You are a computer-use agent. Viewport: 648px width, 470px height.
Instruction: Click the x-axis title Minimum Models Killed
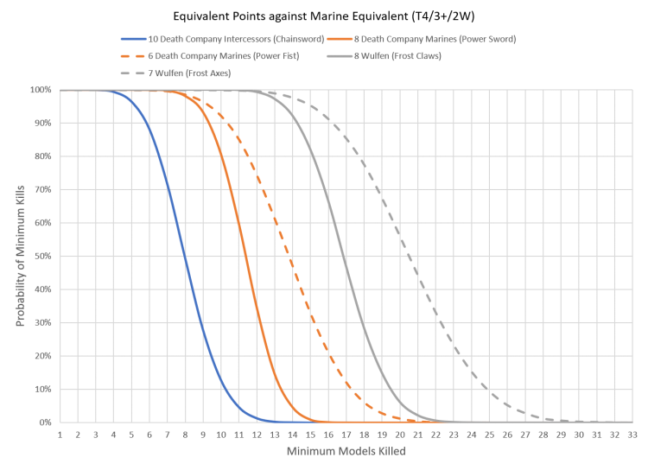point(346,452)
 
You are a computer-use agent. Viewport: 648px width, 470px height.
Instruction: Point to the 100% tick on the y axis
point(41,90)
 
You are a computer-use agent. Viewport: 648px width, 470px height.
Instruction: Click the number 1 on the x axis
point(60,435)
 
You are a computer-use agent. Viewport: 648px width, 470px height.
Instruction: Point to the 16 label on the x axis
point(327,435)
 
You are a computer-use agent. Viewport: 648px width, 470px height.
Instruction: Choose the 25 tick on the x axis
point(489,435)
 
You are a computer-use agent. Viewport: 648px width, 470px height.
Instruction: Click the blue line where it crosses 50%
point(185,256)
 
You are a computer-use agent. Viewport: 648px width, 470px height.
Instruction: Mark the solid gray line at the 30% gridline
point(362,322)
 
